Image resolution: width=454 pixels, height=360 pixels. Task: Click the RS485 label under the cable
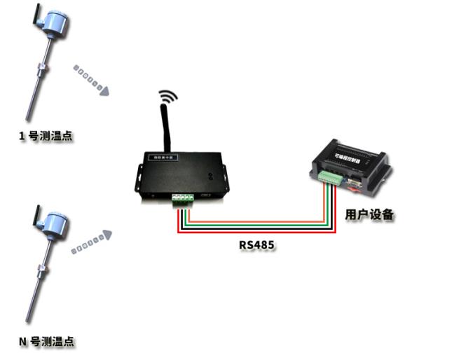[x=256, y=246]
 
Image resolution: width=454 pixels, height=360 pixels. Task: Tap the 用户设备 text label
[x=370, y=215]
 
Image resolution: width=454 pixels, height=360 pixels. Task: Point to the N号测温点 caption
[x=46, y=342]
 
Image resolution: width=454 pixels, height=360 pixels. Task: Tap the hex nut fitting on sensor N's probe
[x=41, y=268]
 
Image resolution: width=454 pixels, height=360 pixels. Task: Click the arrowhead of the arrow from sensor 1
[x=104, y=90]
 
